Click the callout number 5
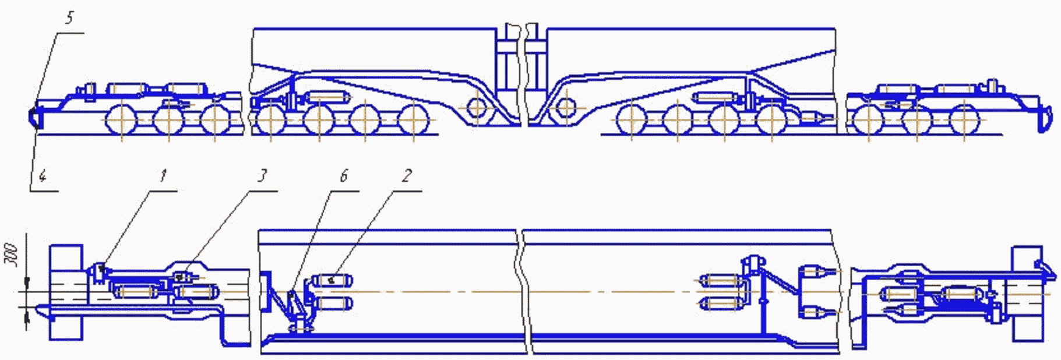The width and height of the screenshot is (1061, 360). point(69,18)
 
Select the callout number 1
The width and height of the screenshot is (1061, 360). point(164,175)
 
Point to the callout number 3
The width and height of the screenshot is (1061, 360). point(263,175)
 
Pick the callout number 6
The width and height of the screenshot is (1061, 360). point(344,175)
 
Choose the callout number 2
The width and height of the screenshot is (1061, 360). point(407,175)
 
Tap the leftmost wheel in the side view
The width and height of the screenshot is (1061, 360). point(121,121)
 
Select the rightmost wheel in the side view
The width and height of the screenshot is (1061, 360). point(964,121)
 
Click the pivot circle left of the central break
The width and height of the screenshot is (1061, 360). point(477,108)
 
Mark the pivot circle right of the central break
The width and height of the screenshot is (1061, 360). point(565,108)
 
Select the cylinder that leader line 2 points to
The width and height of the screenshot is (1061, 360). point(332,281)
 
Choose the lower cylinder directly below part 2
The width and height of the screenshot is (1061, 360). point(332,303)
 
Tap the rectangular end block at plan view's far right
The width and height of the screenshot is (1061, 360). point(1028,294)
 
